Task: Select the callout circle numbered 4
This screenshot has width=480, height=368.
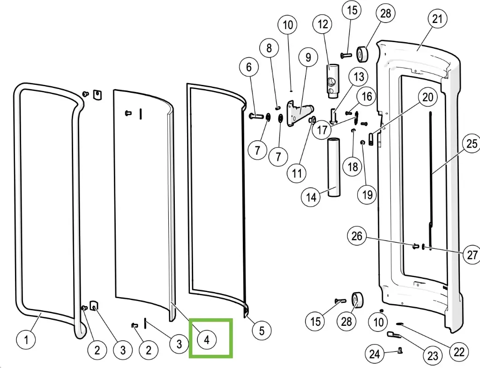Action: click(x=207, y=340)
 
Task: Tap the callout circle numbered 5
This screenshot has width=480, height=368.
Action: click(x=261, y=331)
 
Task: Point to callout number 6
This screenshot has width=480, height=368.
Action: click(x=248, y=68)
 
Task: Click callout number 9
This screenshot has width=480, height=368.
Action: click(x=308, y=58)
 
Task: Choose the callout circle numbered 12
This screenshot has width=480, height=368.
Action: click(x=323, y=24)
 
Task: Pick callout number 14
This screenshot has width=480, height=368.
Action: click(x=311, y=197)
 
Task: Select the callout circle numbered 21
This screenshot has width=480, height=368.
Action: click(x=437, y=19)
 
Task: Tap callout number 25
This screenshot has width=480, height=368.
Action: click(x=472, y=143)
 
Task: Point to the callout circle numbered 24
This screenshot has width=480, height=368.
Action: click(x=374, y=354)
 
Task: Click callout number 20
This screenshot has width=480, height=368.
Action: click(x=427, y=98)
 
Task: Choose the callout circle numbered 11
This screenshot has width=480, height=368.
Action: click(x=297, y=173)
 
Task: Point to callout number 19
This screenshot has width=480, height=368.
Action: click(x=367, y=194)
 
